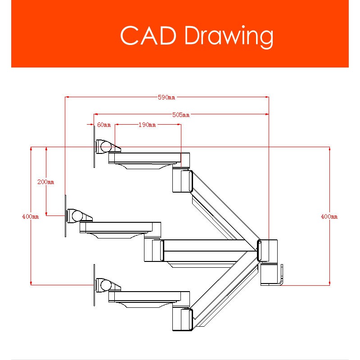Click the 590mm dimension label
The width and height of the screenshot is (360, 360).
pyautogui.click(x=166, y=97)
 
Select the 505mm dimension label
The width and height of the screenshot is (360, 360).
pyautogui.click(x=181, y=115)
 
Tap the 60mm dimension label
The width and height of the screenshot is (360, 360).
pyautogui.click(x=104, y=125)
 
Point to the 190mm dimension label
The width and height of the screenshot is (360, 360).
pyautogui.click(x=147, y=125)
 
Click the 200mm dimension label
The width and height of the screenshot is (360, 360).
pyautogui.click(x=46, y=182)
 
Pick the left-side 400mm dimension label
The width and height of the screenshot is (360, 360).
pyautogui.click(x=31, y=216)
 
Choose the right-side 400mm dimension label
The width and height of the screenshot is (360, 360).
pyautogui.click(x=329, y=216)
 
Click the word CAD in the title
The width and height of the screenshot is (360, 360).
pyautogui.click(x=148, y=36)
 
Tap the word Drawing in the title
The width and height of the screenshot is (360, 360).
pyautogui.click(x=229, y=37)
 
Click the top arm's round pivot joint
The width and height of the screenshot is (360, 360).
pyautogui.click(x=106, y=147)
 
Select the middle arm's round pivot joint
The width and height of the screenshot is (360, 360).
pyautogui.click(x=77, y=216)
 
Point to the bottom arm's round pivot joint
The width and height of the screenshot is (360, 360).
pyautogui.click(x=106, y=285)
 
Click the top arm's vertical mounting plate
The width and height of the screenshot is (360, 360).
pyautogui.click(x=94, y=147)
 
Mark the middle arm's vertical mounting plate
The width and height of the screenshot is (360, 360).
pyautogui.click(x=65, y=216)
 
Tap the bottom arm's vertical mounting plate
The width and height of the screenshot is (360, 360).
pyautogui.click(x=94, y=285)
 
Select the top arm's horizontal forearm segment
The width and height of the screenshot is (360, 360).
pyautogui.click(x=149, y=158)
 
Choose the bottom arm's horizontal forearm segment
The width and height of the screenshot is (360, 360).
pyautogui.click(x=149, y=297)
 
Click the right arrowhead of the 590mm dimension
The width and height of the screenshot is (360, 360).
pyautogui.click(x=267, y=97)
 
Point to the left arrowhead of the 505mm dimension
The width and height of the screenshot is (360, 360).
pyautogui.click(x=96, y=114)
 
